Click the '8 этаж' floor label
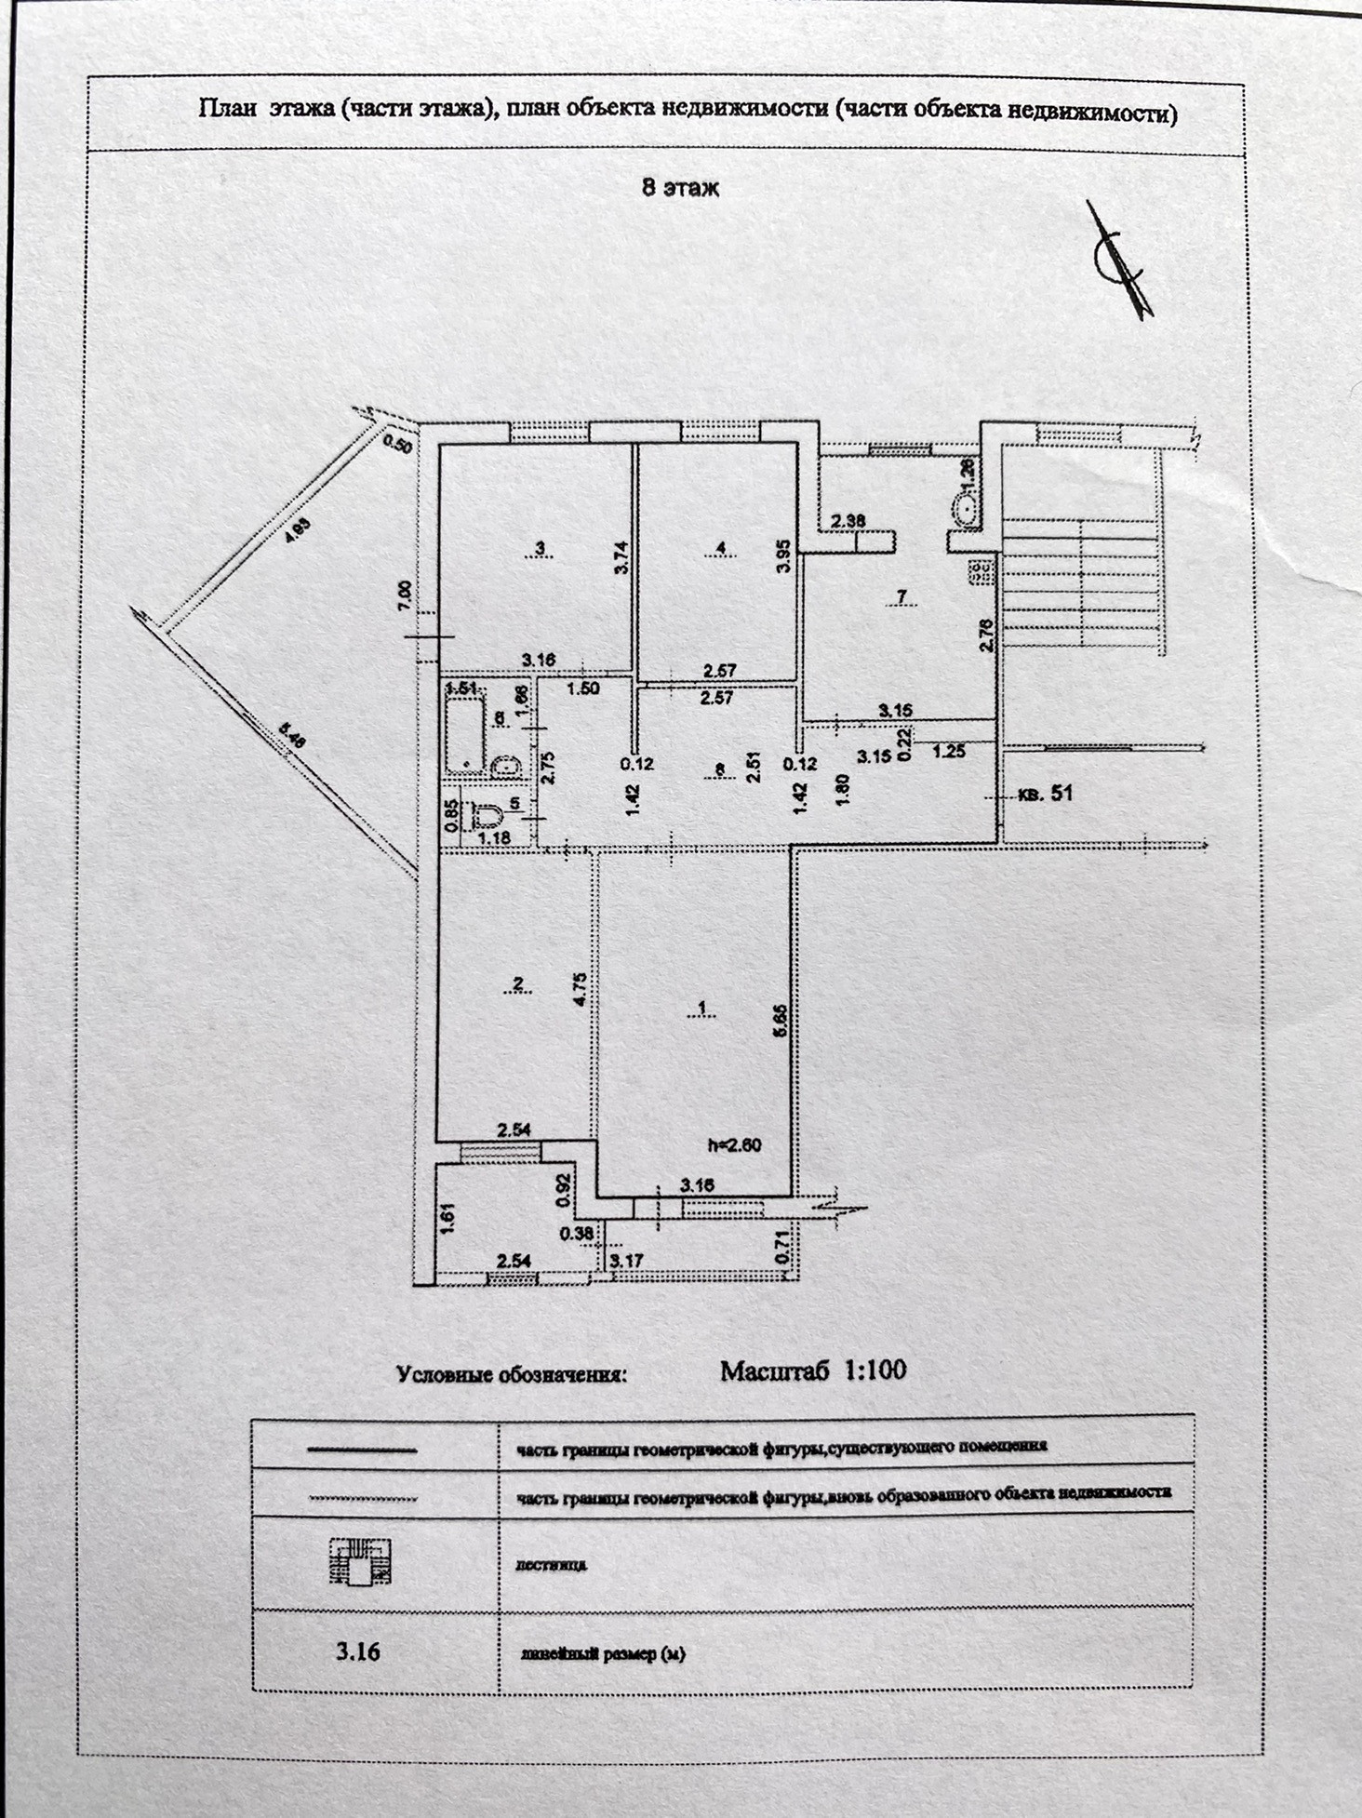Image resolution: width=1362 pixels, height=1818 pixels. [x=680, y=188]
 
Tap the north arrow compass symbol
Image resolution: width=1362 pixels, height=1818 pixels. [x=1119, y=262]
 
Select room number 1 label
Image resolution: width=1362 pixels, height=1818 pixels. [x=702, y=1008]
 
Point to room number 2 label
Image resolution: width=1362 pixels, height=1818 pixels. [x=518, y=983]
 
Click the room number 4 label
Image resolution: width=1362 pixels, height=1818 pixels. [x=721, y=548]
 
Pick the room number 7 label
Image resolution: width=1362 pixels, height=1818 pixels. [x=901, y=595]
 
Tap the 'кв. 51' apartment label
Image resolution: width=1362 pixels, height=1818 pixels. [x=1047, y=794]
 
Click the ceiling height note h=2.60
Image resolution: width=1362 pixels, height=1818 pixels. [x=734, y=1144]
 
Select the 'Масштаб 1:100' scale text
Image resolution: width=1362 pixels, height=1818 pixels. [x=813, y=1370]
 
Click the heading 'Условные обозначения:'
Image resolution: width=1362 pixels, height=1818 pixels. [x=511, y=1375]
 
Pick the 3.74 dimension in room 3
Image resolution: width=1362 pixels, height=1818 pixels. [x=621, y=557]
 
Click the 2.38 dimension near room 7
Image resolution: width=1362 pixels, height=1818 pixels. [x=848, y=520]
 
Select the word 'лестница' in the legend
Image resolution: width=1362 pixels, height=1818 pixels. [x=551, y=1565]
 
